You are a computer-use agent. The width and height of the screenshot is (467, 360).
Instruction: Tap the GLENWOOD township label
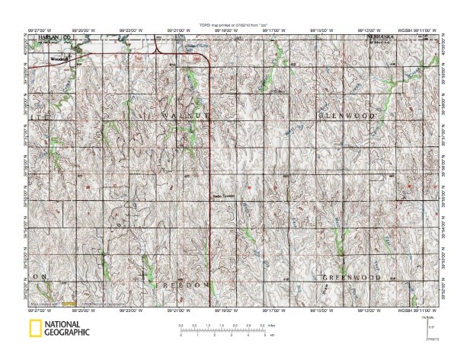pyautogui.click(x=347, y=115)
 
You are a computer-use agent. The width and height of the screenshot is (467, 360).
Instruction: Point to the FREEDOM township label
pyautogui.click(x=187, y=284)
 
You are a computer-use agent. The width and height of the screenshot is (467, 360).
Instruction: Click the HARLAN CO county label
pyautogui.click(x=56, y=37)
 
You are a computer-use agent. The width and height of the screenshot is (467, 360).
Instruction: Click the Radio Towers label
pyautogui.click(x=222, y=196)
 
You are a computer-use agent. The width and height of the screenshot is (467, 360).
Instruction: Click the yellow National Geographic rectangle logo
pyautogui.click(x=34, y=329)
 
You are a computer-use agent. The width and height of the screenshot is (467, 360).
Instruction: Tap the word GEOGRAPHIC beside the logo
pyautogui.click(x=66, y=333)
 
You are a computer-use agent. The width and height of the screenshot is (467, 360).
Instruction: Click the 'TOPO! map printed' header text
pyautogui.click(x=232, y=25)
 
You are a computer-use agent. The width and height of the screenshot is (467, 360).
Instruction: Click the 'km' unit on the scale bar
pyautogui.click(x=271, y=335)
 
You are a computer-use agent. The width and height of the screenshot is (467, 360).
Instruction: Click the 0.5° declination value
pyautogui.click(x=432, y=327)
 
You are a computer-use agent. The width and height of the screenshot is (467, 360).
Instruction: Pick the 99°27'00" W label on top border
pyautogui.click(x=49, y=31)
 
